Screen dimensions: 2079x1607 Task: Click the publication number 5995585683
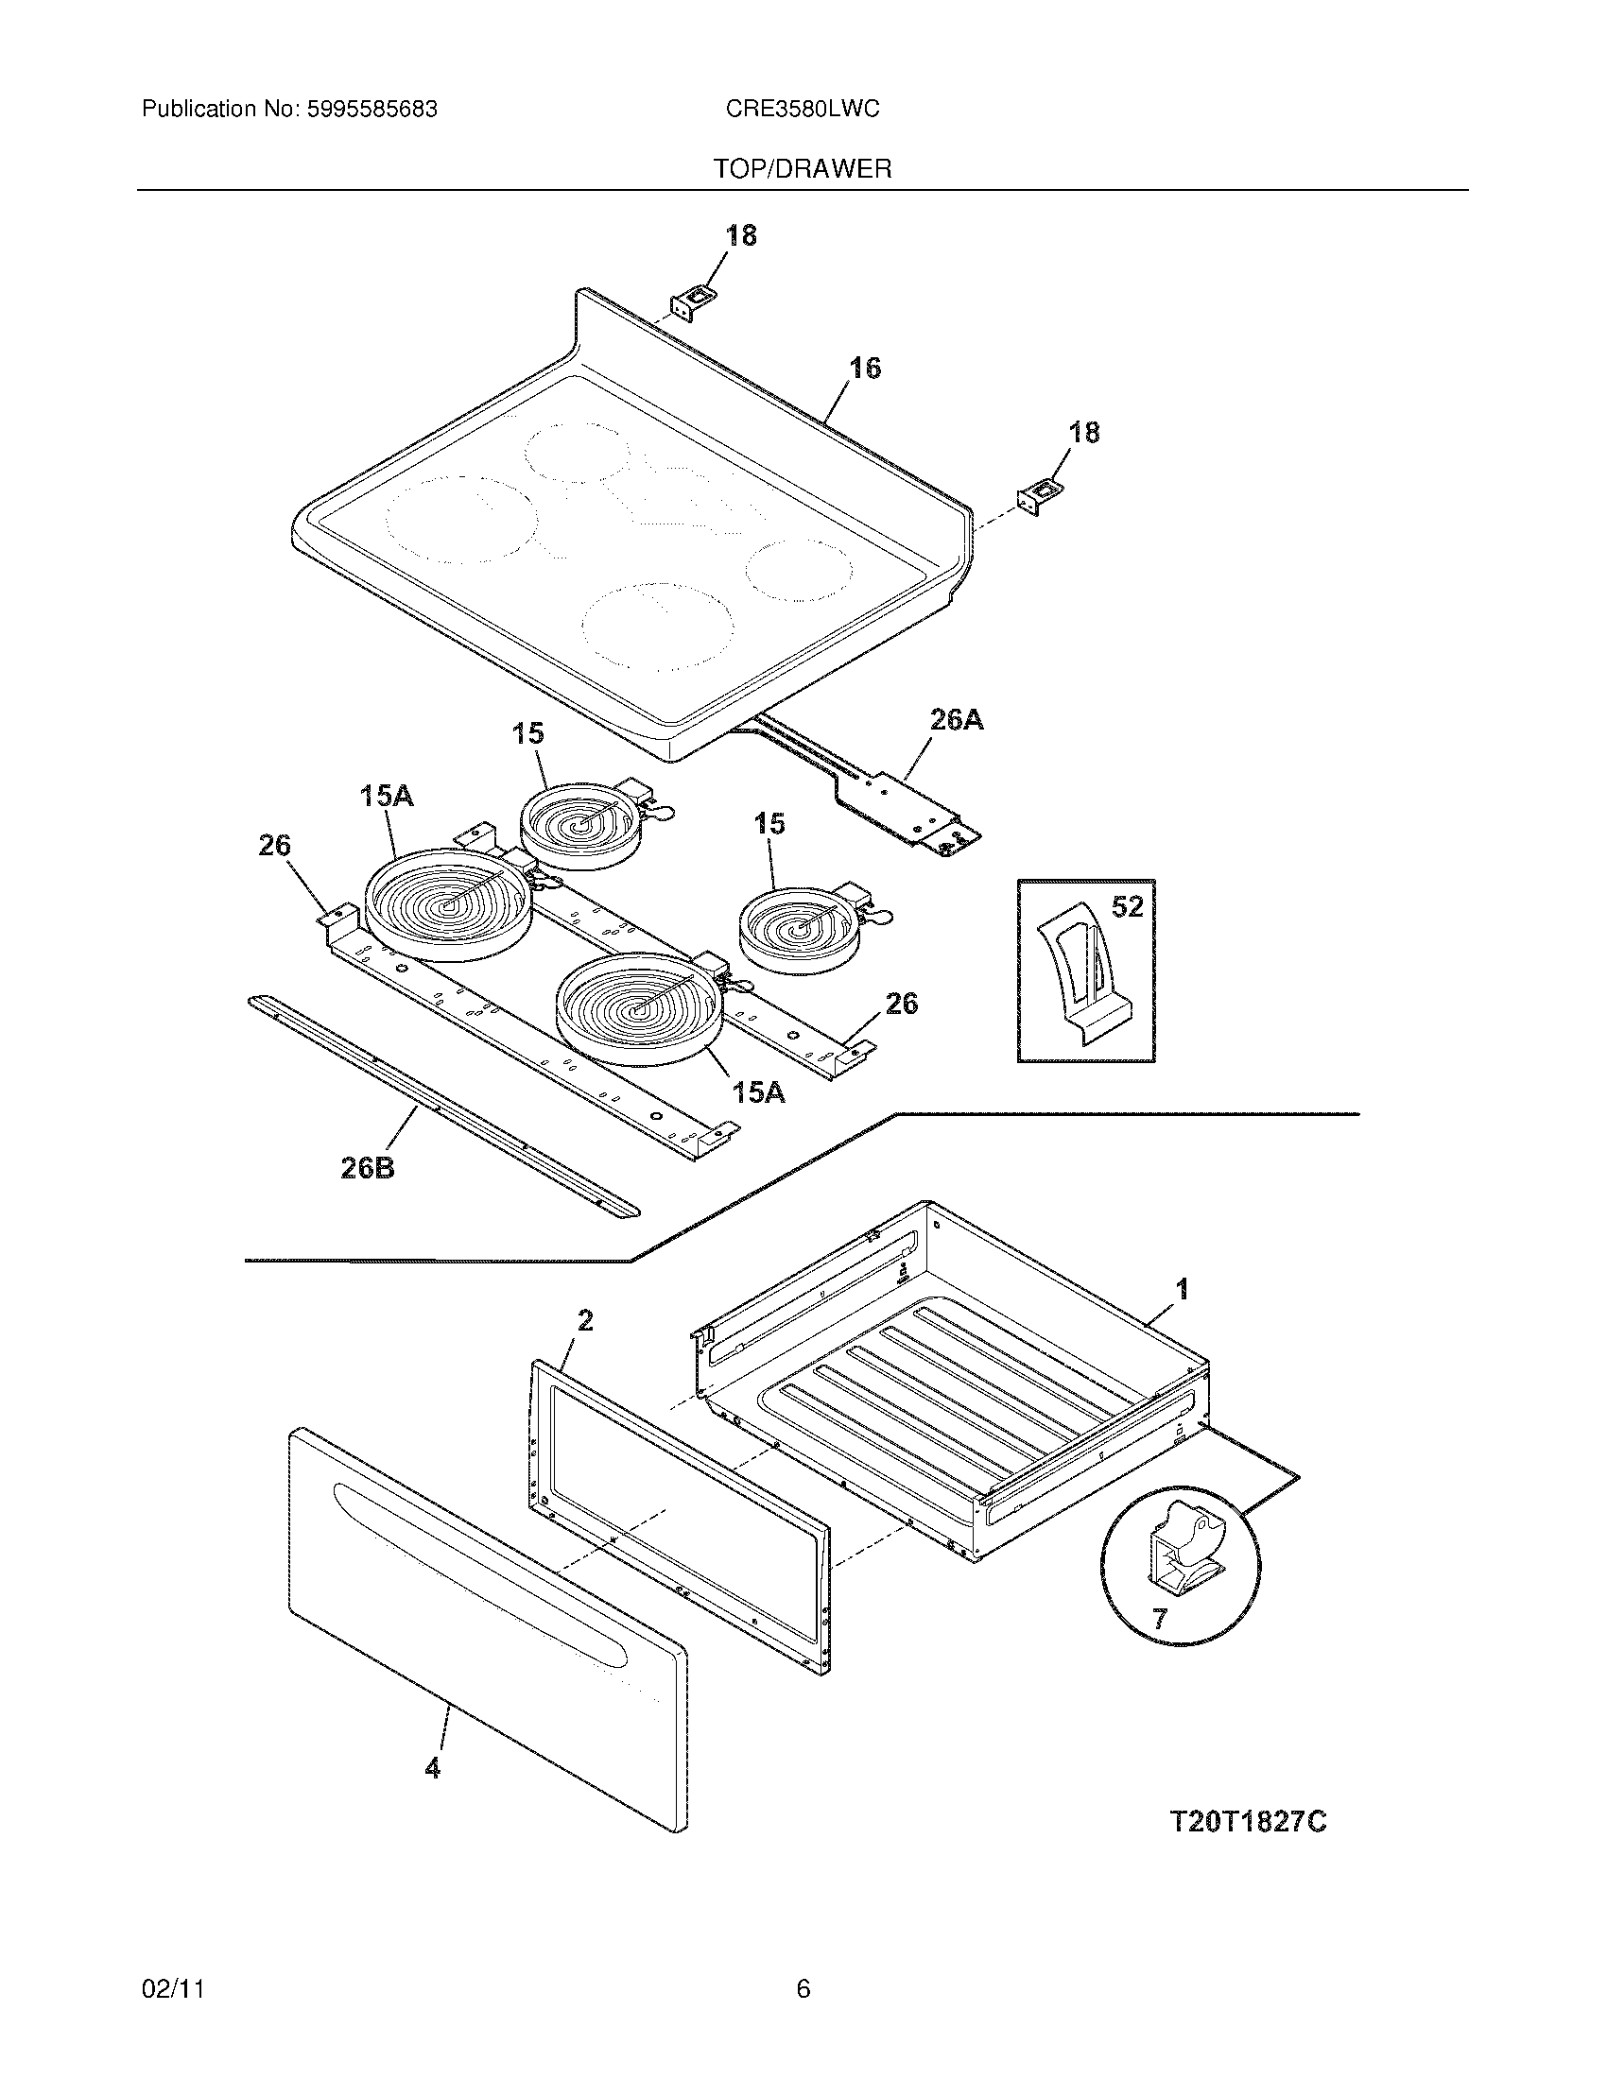pyautogui.click(x=372, y=110)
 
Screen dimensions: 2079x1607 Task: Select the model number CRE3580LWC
pyautogui.click(x=802, y=110)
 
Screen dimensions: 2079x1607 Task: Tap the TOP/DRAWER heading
pyautogui.click(x=803, y=169)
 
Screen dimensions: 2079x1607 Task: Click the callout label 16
pyautogui.click(x=864, y=368)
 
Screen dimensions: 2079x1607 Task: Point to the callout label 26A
pyautogui.click(x=956, y=720)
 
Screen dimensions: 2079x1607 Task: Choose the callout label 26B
pyautogui.click(x=368, y=1168)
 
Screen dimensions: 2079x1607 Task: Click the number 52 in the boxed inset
pyautogui.click(x=1127, y=907)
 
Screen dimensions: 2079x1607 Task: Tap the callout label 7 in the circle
pyautogui.click(x=1159, y=1619)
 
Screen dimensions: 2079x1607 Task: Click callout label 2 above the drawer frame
pyautogui.click(x=584, y=1320)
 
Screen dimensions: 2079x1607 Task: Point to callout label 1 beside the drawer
pyautogui.click(x=1182, y=1290)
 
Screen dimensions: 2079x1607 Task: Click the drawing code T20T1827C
pyautogui.click(x=1247, y=1822)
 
